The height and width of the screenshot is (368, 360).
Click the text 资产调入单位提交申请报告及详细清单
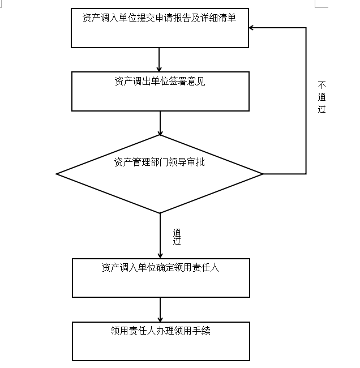click(x=159, y=18)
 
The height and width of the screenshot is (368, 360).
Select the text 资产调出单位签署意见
click(x=160, y=81)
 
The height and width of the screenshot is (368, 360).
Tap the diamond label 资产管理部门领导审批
click(x=160, y=162)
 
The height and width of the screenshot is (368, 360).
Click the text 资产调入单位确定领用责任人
click(x=161, y=268)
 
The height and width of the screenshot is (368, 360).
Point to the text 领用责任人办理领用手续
click(x=161, y=331)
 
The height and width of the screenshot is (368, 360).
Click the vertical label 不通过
click(x=322, y=97)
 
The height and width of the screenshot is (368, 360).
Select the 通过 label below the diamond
click(x=177, y=237)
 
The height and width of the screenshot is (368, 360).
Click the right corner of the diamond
click(x=263, y=174)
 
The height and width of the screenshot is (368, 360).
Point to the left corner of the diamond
click(x=57, y=174)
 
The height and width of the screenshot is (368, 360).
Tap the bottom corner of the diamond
click(x=160, y=213)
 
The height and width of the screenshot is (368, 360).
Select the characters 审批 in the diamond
click(x=197, y=162)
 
